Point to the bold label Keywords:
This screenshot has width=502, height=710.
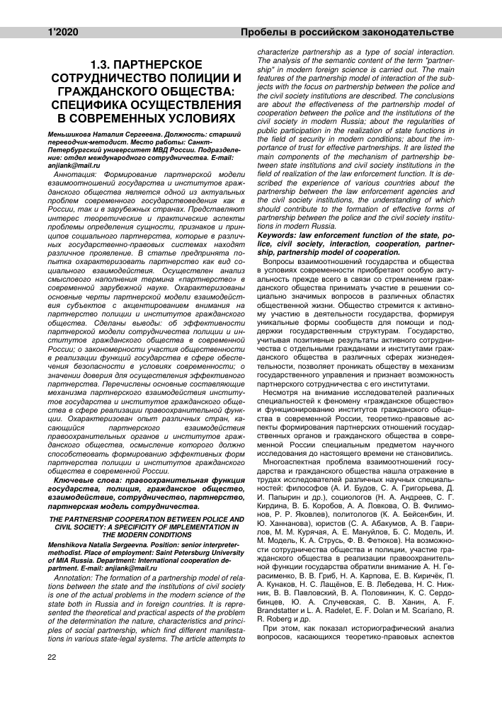coord(280,234)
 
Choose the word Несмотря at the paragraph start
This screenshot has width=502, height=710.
coord(285,390)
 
